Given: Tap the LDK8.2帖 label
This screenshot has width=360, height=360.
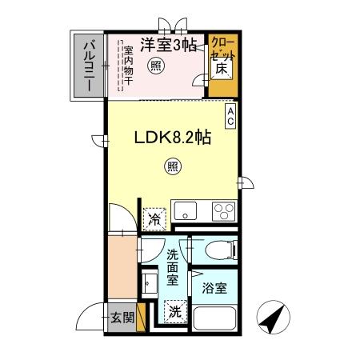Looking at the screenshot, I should coord(171,137).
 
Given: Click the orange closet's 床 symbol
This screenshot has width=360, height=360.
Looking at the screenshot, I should coord(222,70).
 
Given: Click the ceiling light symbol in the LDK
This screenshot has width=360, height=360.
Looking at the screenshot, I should coord(172,166).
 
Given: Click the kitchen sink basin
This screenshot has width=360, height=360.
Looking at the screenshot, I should coord(186,212).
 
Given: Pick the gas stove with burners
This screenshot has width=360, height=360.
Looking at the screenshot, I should coord(222,212).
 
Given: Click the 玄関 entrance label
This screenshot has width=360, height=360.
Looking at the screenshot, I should coord(122,317).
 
